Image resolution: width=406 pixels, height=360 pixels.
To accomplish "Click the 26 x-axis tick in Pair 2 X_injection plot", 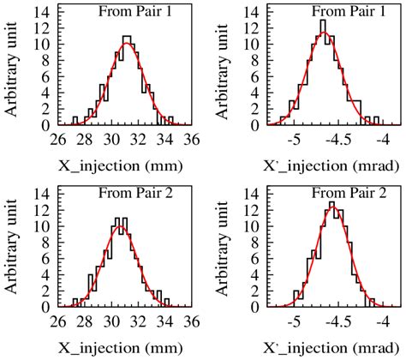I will click(58, 322).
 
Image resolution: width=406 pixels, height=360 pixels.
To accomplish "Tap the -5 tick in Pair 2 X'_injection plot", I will click(295, 322).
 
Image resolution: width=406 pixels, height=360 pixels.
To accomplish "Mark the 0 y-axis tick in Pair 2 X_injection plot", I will click(47, 306).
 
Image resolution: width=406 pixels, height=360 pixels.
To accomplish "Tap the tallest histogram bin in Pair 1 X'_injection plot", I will click(323, 21).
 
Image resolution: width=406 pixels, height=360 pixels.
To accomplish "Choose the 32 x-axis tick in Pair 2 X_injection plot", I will click(138, 322).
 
